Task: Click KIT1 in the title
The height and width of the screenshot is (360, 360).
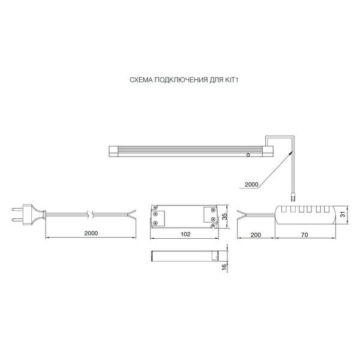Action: coord(232,80)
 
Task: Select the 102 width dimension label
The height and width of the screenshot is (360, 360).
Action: coord(185,234)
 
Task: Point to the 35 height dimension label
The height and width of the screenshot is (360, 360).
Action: coord(225,216)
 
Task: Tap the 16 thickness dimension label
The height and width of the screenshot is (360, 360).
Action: coord(224,266)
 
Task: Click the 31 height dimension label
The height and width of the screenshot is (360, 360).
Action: coord(343,214)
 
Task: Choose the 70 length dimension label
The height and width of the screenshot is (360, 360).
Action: coord(304,235)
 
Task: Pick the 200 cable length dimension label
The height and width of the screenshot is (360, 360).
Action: coord(256,235)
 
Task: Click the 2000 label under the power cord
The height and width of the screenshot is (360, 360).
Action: coord(91,233)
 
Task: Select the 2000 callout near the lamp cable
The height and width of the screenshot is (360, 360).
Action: coord(251,184)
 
